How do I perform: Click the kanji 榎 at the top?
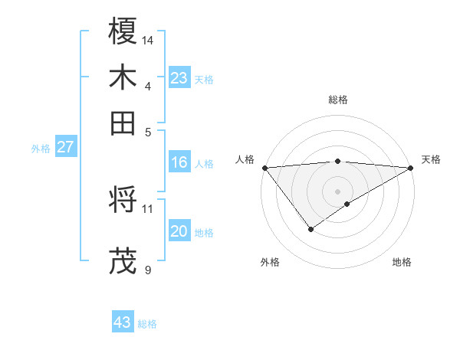123,31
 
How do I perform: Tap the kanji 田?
123,123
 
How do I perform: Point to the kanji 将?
123,200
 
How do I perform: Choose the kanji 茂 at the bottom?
123,261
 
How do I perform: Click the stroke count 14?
149,39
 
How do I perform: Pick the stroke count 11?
148,208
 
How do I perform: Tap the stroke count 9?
148,269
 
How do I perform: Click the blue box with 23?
179,78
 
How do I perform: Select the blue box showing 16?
179,162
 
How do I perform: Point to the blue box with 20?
179,231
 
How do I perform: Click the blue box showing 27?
65,147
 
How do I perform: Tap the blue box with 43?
123,322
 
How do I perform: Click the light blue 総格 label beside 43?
147,324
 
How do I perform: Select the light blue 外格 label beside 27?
41,149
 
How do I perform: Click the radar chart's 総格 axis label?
338,100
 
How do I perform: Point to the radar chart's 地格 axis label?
402,262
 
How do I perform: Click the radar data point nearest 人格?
264,167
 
